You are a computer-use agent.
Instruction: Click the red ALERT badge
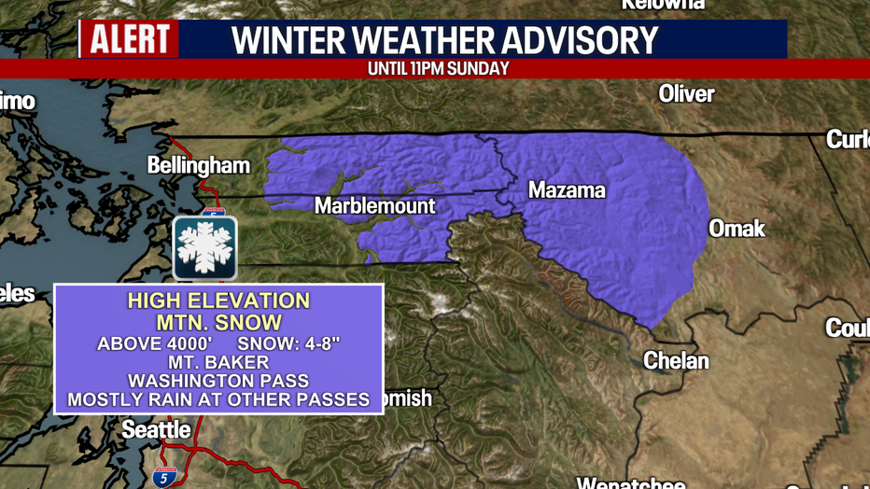pyautogui.click(x=129, y=39)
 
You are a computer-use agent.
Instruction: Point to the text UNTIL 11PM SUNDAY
pyautogui.click(x=439, y=68)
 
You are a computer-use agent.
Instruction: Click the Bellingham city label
pyautogui.click(x=199, y=166)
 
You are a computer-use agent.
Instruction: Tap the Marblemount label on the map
pyautogui.click(x=375, y=205)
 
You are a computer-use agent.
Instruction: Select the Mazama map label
pyautogui.click(x=567, y=191)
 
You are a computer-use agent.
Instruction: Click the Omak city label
pyautogui.click(x=737, y=229)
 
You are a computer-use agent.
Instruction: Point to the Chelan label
pyautogui.click(x=677, y=360)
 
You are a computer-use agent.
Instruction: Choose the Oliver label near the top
pyautogui.click(x=686, y=94)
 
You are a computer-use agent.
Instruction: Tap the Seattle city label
pyautogui.click(x=157, y=430)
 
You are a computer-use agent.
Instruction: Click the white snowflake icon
pyautogui.click(x=205, y=248)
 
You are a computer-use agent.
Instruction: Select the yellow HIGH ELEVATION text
pyautogui.click(x=218, y=301)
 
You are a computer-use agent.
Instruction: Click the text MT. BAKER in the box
pyautogui.click(x=218, y=362)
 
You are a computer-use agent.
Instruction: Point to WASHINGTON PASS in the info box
pyautogui.click(x=218, y=381)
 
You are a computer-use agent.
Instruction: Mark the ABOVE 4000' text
pyautogui.click(x=147, y=343)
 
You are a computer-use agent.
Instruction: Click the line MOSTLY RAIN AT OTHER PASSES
pyautogui.click(x=218, y=400)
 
